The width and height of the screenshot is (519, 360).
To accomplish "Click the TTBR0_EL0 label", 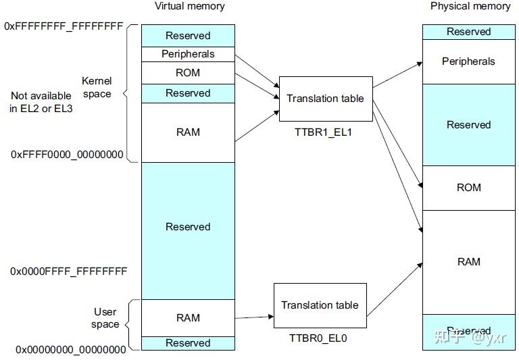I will (x=319, y=338).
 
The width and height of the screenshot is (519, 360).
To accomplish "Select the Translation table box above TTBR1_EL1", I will (x=325, y=99).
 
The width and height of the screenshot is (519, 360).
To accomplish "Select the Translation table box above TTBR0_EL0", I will (x=320, y=305).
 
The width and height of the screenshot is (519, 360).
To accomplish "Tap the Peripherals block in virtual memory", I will (x=188, y=54).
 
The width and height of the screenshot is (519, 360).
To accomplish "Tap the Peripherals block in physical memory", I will (x=468, y=61).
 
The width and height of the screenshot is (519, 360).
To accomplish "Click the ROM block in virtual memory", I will (x=188, y=72).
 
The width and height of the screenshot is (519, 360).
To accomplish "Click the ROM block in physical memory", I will (x=468, y=187).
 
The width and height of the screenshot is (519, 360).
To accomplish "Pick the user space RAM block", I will (x=188, y=317).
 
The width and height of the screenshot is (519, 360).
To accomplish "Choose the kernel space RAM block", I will (x=188, y=132).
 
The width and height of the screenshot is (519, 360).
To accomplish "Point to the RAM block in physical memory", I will (x=468, y=261).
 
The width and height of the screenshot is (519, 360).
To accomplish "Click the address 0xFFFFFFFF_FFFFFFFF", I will (x=64, y=26).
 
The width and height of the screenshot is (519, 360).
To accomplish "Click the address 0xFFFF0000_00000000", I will (x=67, y=155).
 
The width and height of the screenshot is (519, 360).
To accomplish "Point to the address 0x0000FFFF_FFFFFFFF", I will (x=68, y=272).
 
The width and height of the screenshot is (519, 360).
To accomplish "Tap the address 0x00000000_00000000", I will (x=71, y=349).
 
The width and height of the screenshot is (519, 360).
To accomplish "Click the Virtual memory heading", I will (x=190, y=7).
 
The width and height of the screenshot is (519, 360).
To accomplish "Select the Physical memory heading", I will (x=470, y=7).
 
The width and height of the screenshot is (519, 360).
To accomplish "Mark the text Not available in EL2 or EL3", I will (x=41, y=102).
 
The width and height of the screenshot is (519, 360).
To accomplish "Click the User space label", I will (x=105, y=318).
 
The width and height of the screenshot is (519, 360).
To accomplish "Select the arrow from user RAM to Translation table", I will (x=254, y=317).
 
